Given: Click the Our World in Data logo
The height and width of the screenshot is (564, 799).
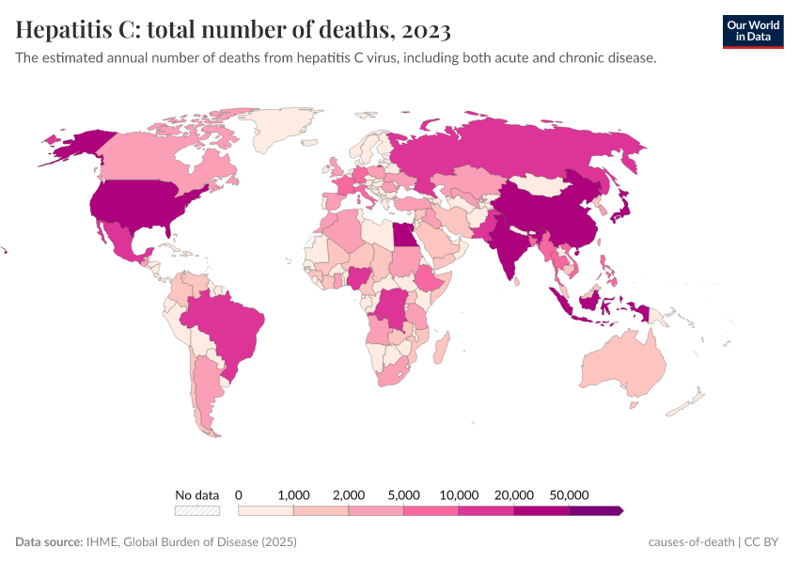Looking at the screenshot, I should pyautogui.click(x=753, y=31).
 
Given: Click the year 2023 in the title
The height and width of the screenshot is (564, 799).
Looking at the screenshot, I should pyautogui.click(x=426, y=30).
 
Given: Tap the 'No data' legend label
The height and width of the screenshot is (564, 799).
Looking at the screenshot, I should pyautogui.click(x=196, y=494).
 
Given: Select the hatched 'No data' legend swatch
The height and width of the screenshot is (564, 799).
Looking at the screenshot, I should pyautogui.click(x=196, y=510).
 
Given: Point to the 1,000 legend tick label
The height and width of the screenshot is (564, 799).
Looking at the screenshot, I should pyautogui.click(x=294, y=494).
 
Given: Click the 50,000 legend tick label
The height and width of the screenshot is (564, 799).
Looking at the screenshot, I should pyautogui.click(x=569, y=494).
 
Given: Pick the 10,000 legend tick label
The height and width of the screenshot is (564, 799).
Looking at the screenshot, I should pyautogui.click(x=460, y=494).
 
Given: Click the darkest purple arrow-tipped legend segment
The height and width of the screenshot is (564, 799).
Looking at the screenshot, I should pyautogui.click(x=595, y=510).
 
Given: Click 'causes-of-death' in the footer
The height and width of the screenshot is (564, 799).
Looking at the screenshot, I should pyautogui.click(x=691, y=542).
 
